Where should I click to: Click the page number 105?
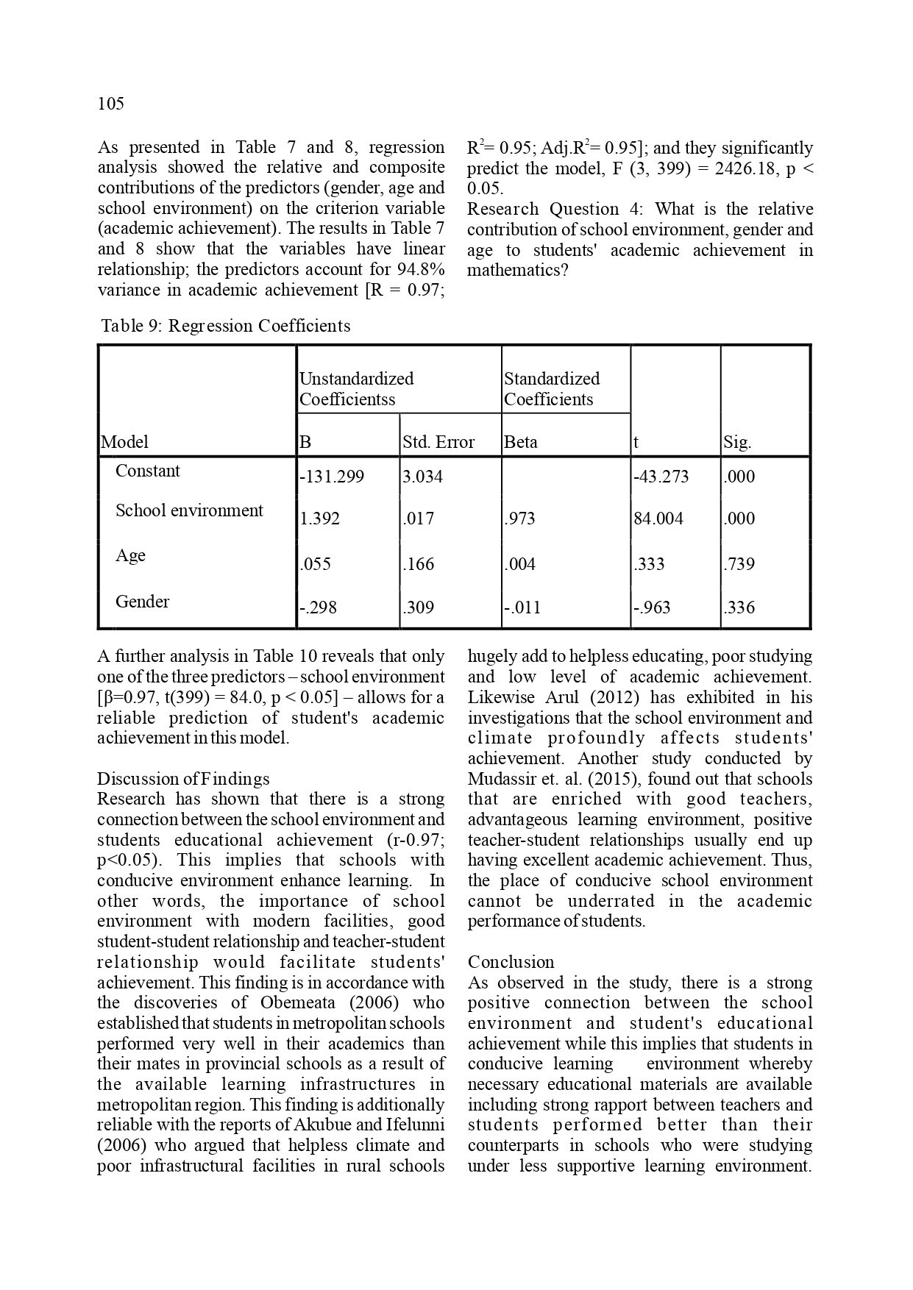pyautogui.click(x=111, y=104)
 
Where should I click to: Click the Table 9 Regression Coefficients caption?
pyautogui.click(x=225, y=326)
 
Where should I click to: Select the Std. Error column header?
pyautogui.click(x=438, y=442)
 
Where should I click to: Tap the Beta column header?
pyautogui.click(x=521, y=442)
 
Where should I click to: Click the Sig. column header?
pyautogui.click(x=737, y=442)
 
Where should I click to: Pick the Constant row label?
pyautogui.click(x=147, y=471)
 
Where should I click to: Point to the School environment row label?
pyautogui.click(x=188, y=510)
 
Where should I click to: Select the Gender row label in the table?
pyautogui.click(x=142, y=602)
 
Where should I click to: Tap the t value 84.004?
pyautogui.click(x=658, y=519)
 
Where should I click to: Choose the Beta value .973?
pyautogui.click(x=519, y=519)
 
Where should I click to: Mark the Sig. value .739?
pyautogui.click(x=739, y=564)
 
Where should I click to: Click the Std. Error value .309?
pyautogui.click(x=419, y=607)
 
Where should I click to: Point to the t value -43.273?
pyautogui.click(x=661, y=477)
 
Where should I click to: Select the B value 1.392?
pyautogui.click(x=320, y=519)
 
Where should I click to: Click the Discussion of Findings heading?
pyautogui.click(x=183, y=779)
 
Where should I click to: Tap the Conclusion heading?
pyautogui.click(x=511, y=962)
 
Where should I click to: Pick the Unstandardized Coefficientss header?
pyautogui.click(x=356, y=389)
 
